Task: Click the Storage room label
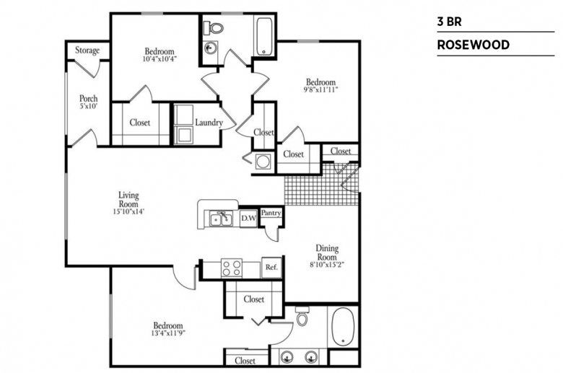coord(87,51)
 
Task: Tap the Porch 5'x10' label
coord(88,102)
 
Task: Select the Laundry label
coord(209,123)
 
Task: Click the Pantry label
coord(271,213)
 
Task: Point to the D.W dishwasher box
coord(248,218)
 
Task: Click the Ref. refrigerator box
coord(271,268)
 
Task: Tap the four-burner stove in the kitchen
coord(232,268)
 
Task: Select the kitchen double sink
coord(221,219)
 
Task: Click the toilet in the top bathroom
coord(213,27)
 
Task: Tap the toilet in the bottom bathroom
coord(302,316)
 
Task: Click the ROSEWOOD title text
coord(473,45)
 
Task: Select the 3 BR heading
coord(449,22)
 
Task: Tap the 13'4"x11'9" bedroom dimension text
coord(168,333)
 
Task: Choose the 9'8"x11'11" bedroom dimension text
coord(320,89)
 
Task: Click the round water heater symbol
coord(263,161)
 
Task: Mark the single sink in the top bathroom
coord(211,48)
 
